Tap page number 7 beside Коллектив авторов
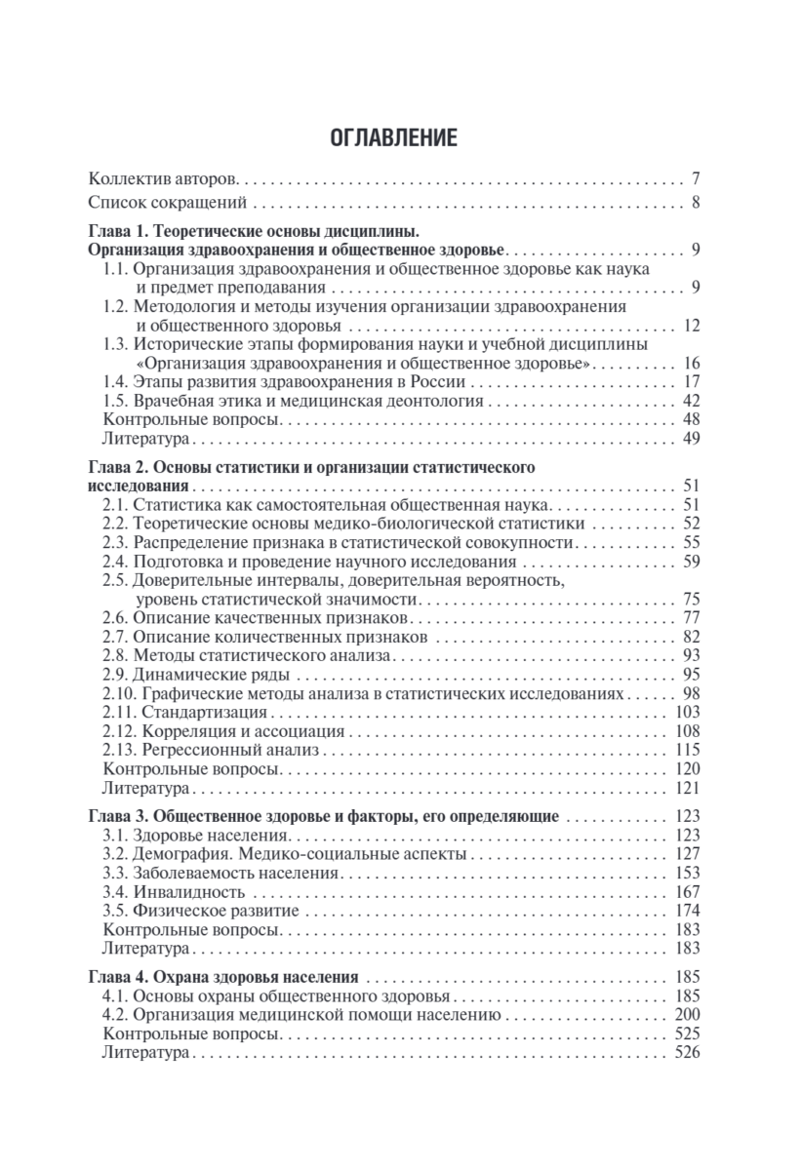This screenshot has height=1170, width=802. [x=696, y=179]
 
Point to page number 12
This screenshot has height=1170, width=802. [x=692, y=325]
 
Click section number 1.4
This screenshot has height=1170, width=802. [x=115, y=381]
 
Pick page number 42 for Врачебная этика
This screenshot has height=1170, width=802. [x=692, y=400]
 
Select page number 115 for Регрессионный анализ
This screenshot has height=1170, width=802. [x=688, y=749]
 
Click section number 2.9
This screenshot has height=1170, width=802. [x=115, y=675]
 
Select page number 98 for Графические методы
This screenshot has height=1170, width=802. [x=692, y=693]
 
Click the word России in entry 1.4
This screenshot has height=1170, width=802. [x=438, y=381]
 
